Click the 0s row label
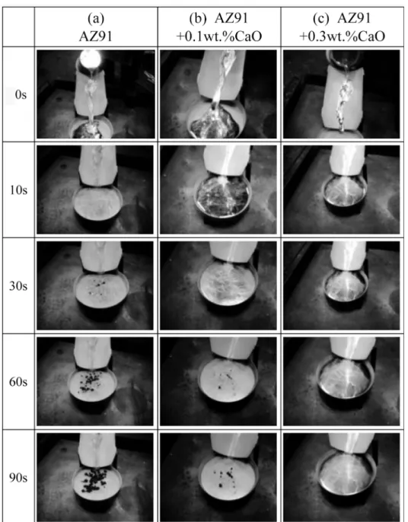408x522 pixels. click(x=21, y=95)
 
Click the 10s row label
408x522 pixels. click(x=19, y=190)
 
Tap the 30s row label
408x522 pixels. click(x=18, y=286)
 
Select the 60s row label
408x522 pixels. click(x=18, y=382)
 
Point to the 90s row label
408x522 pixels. click(x=18, y=478)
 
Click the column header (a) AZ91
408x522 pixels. click(x=96, y=27)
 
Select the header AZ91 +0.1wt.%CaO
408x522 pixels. click(x=218, y=27)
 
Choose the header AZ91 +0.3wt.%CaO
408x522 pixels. click(x=342, y=27)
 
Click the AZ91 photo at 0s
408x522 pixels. click(x=96, y=94)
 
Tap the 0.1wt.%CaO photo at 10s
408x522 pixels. click(x=218, y=189)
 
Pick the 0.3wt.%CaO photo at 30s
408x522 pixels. click(x=341, y=285)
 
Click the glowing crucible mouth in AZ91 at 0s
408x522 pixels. click(x=91, y=59)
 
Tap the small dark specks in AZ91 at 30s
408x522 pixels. click(x=97, y=288)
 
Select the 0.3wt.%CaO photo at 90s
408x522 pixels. click(x=341, y=477)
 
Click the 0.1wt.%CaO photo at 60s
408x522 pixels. click(x=218, y=381)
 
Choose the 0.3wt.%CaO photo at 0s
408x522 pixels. click(x=341, y=94)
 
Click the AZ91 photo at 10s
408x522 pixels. click(x=95, y=189)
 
